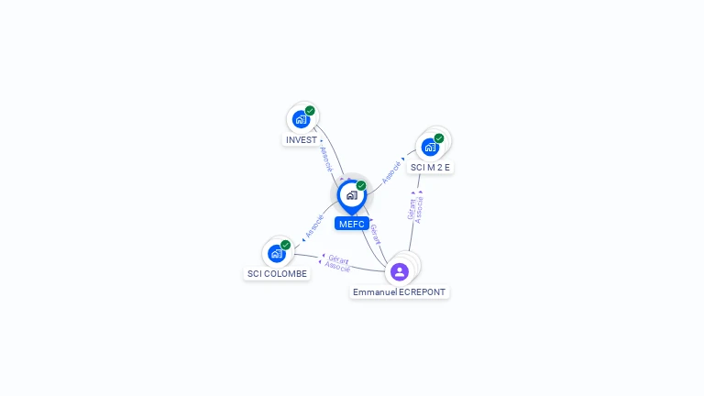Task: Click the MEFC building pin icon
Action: pos(351,195)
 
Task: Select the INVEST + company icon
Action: pos(301,119)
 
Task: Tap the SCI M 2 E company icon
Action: pos(429,147)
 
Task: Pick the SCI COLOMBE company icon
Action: pos(276,253)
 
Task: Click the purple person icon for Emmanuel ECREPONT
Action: pos(399,271)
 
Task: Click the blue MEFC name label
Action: pos(351,224)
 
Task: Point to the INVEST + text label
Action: pos(304,140)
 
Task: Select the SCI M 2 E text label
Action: pos(430,168)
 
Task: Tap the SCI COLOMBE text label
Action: pos(277,273)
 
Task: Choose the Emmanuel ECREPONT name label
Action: pos(399,292)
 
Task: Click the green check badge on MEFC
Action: pos(361,186)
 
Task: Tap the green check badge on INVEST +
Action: pos(310,111)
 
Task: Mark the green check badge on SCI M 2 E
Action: pos(439,138)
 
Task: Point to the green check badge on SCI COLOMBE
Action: pos(285,245)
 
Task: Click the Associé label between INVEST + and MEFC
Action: pos(325,158)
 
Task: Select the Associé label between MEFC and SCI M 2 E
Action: pos(391,170)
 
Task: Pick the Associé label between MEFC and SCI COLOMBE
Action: pos(313,227)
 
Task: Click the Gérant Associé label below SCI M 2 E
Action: pos(416,208)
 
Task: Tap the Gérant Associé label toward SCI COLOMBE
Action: pos(337,264)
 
